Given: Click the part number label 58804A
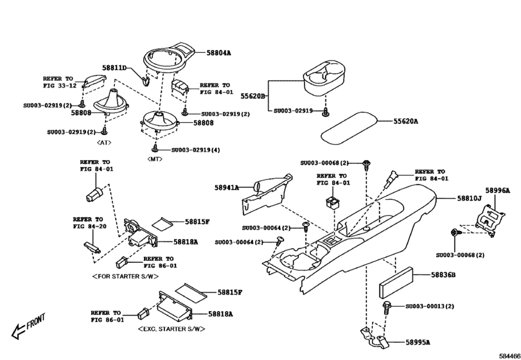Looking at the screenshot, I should (x=218, y=53).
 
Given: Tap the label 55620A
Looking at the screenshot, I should (x=405, y=121).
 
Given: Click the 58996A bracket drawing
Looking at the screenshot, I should (x=491, y=219).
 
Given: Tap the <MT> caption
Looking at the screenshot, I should (x=155, y=158).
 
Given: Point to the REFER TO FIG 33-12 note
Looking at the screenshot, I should (x=60, y=82).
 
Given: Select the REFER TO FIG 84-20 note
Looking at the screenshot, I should (x=88, y=222).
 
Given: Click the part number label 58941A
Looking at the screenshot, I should (x=227, y=188).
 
